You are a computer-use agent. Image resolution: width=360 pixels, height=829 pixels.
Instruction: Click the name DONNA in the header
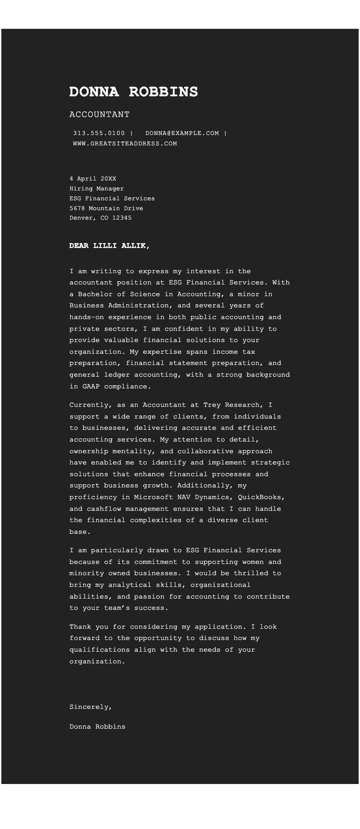94,92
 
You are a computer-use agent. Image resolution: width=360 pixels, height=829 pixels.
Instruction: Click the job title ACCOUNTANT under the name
99,115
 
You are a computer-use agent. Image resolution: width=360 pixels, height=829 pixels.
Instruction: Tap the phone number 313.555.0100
99,133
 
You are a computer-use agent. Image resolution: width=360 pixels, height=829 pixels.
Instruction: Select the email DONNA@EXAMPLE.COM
182,133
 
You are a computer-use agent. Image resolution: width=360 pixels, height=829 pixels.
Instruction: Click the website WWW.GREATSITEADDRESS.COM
125,144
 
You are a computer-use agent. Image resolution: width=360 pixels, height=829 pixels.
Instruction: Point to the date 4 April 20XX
93,179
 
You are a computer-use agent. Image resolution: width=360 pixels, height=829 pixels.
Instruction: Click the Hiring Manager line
97,189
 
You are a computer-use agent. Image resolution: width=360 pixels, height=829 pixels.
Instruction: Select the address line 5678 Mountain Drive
106,208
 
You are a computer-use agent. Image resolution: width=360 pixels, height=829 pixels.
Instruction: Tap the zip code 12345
122,218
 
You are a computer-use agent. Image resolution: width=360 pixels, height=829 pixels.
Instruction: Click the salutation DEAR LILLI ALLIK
109,246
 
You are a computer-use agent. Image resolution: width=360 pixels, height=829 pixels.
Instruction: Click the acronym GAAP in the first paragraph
91,387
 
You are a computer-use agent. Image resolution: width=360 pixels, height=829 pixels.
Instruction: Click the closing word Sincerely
90,707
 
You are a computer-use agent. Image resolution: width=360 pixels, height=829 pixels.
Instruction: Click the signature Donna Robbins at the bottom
98,727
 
